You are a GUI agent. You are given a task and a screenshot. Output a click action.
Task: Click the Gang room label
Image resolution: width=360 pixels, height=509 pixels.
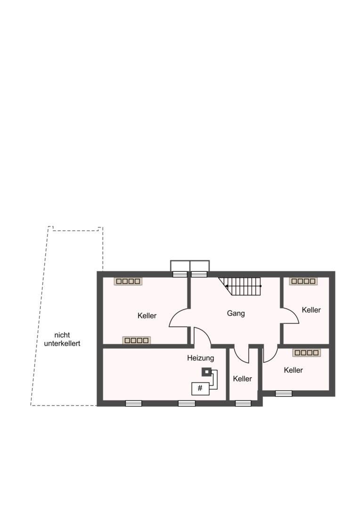[236, 313]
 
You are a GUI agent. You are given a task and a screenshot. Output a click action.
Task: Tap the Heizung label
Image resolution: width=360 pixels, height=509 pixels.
[201, 358]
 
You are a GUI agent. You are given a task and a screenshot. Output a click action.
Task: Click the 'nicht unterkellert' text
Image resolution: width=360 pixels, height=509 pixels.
[62, 339]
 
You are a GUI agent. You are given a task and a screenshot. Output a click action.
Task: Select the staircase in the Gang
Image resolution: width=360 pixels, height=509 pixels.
[240, 286]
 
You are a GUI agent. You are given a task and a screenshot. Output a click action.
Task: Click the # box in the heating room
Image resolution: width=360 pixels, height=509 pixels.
[200, 388]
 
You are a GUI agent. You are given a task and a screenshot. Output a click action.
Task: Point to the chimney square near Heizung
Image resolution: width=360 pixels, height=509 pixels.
[206, 372]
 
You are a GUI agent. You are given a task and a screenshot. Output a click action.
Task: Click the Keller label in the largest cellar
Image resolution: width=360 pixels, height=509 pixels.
[147, 315]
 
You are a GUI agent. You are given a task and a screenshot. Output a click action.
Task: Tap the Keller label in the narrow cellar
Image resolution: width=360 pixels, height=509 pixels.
[243, 379]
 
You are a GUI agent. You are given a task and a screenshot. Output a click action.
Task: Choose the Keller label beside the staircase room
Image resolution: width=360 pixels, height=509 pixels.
[311, 310]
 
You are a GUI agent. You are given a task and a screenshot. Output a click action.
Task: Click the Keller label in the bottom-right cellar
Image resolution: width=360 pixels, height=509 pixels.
[293, 370]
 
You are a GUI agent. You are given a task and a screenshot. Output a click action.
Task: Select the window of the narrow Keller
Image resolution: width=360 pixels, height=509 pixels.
[243, 403]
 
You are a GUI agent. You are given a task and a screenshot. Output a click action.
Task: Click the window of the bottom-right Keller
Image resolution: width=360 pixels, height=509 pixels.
[284, 394]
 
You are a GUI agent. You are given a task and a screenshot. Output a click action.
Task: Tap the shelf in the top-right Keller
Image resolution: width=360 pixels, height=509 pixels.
[303, 281]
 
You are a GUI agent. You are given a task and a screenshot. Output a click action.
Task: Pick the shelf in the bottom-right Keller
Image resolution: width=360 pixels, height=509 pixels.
[306, 353]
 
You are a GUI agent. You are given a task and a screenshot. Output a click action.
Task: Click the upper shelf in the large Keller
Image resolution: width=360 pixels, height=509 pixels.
[128, 281]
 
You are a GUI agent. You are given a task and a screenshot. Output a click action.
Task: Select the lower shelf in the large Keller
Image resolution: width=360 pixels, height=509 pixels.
[137, 340]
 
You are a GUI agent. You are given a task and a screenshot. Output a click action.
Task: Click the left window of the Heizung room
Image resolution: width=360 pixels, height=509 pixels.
[134, 403]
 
